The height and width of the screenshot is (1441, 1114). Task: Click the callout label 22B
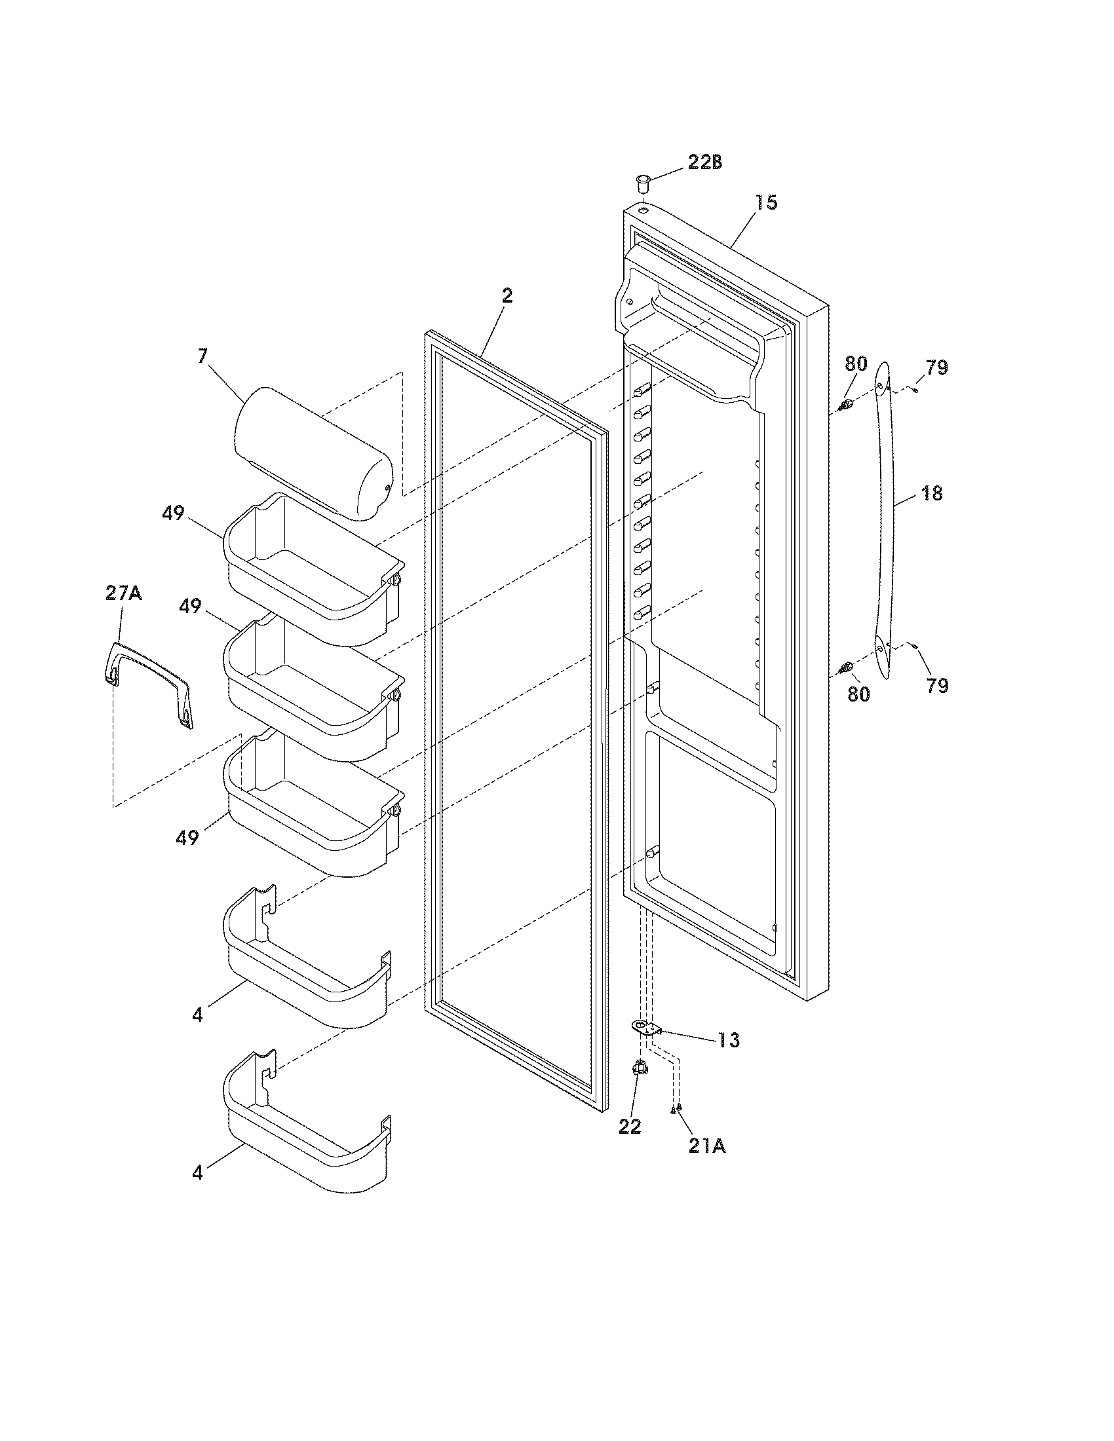pyautogui.click(x=705, y=162)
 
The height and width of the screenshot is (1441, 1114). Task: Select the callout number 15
pyautogui.click(x=765, y=202)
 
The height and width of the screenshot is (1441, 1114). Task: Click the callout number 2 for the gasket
pyautogui.click(x=506, y=295)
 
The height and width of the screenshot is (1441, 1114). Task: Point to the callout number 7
pyautogui.click(x=202, y=356)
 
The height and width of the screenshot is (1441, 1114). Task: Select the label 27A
pyautogui.click(x=123, y=593)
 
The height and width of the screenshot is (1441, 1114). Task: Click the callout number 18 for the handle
pyautogui.click(x=932, y=493)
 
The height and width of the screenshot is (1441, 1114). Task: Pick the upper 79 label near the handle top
pyautogui.click(x=936, y=367)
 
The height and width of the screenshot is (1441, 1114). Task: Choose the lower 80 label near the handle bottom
pyautogui.click(x=858, y=694)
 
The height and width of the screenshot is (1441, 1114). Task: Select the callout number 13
pyautogui.click(x=729, y=1041)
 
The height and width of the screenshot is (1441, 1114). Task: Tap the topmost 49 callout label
pyautogui.click(x=173, y=513)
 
